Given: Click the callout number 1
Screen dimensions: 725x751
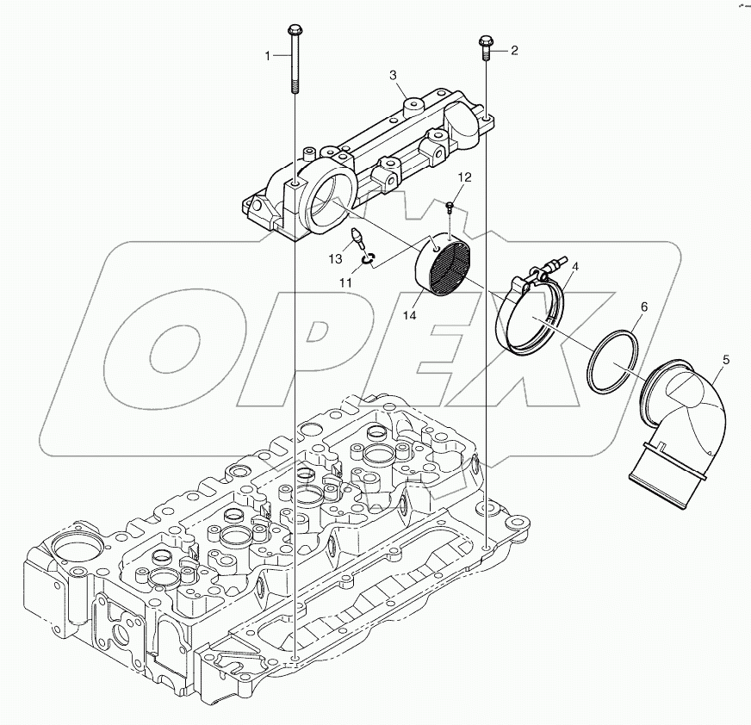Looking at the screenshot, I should pyautogui.click(x=268, y=55).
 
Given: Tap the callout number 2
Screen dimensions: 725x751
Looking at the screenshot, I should pyautogui.click(x=514, y=51).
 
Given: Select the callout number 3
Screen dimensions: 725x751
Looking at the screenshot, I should pyautogui.click(x=394, y=76).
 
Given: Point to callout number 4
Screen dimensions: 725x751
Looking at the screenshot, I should pyautogui.click(x=574, y=267).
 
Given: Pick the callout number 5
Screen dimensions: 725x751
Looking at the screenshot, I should pyautogui.click(x=725, y=359).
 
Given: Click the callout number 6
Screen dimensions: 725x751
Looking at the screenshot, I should pyautogui.click(x=642, y=307).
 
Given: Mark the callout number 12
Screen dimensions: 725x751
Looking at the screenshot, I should pyautogui.click(x=464, y=178).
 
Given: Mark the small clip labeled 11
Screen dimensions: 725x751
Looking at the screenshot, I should pyautogui.click(x=369, y=260).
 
